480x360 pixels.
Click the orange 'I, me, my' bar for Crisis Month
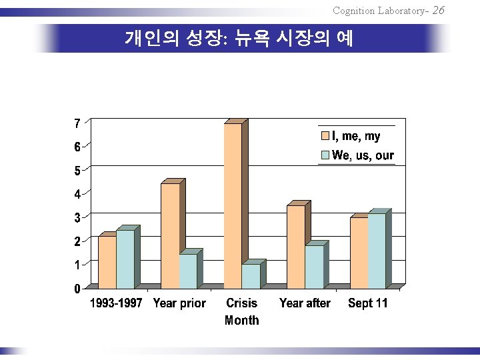click(233, 206)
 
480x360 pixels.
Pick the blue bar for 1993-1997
click(125, 259)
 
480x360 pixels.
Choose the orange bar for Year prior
click(170, 235)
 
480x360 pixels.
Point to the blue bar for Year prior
click(188, 271)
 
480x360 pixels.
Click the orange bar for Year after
click(296, 247)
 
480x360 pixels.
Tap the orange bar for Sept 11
click(359, 253)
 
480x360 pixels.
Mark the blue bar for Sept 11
click(377, 251)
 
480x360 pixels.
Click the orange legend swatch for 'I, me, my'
click(326, 137)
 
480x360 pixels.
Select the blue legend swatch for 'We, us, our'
click(326, 155)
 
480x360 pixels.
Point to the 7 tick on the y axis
click(77, 123)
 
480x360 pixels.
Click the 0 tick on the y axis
click(77, 289)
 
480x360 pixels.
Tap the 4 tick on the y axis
click(77, 194)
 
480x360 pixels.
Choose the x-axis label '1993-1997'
click(116, 303)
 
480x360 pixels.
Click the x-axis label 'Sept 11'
click(367, 303)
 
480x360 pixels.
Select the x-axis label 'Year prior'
click(179, 303)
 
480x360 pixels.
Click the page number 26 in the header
click(438, 10)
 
